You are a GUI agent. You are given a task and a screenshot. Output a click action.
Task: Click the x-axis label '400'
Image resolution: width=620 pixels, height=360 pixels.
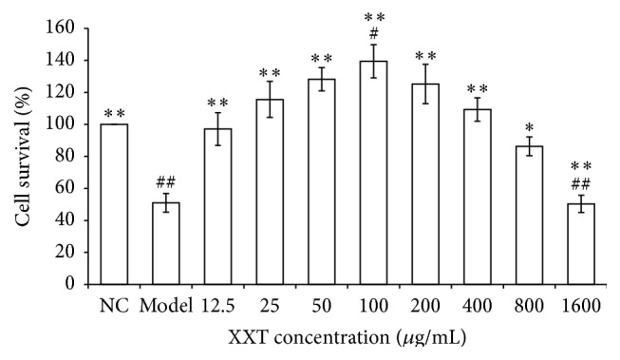(478, 307)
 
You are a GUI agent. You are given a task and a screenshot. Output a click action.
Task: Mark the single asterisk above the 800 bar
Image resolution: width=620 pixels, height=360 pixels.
(530, 127)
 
